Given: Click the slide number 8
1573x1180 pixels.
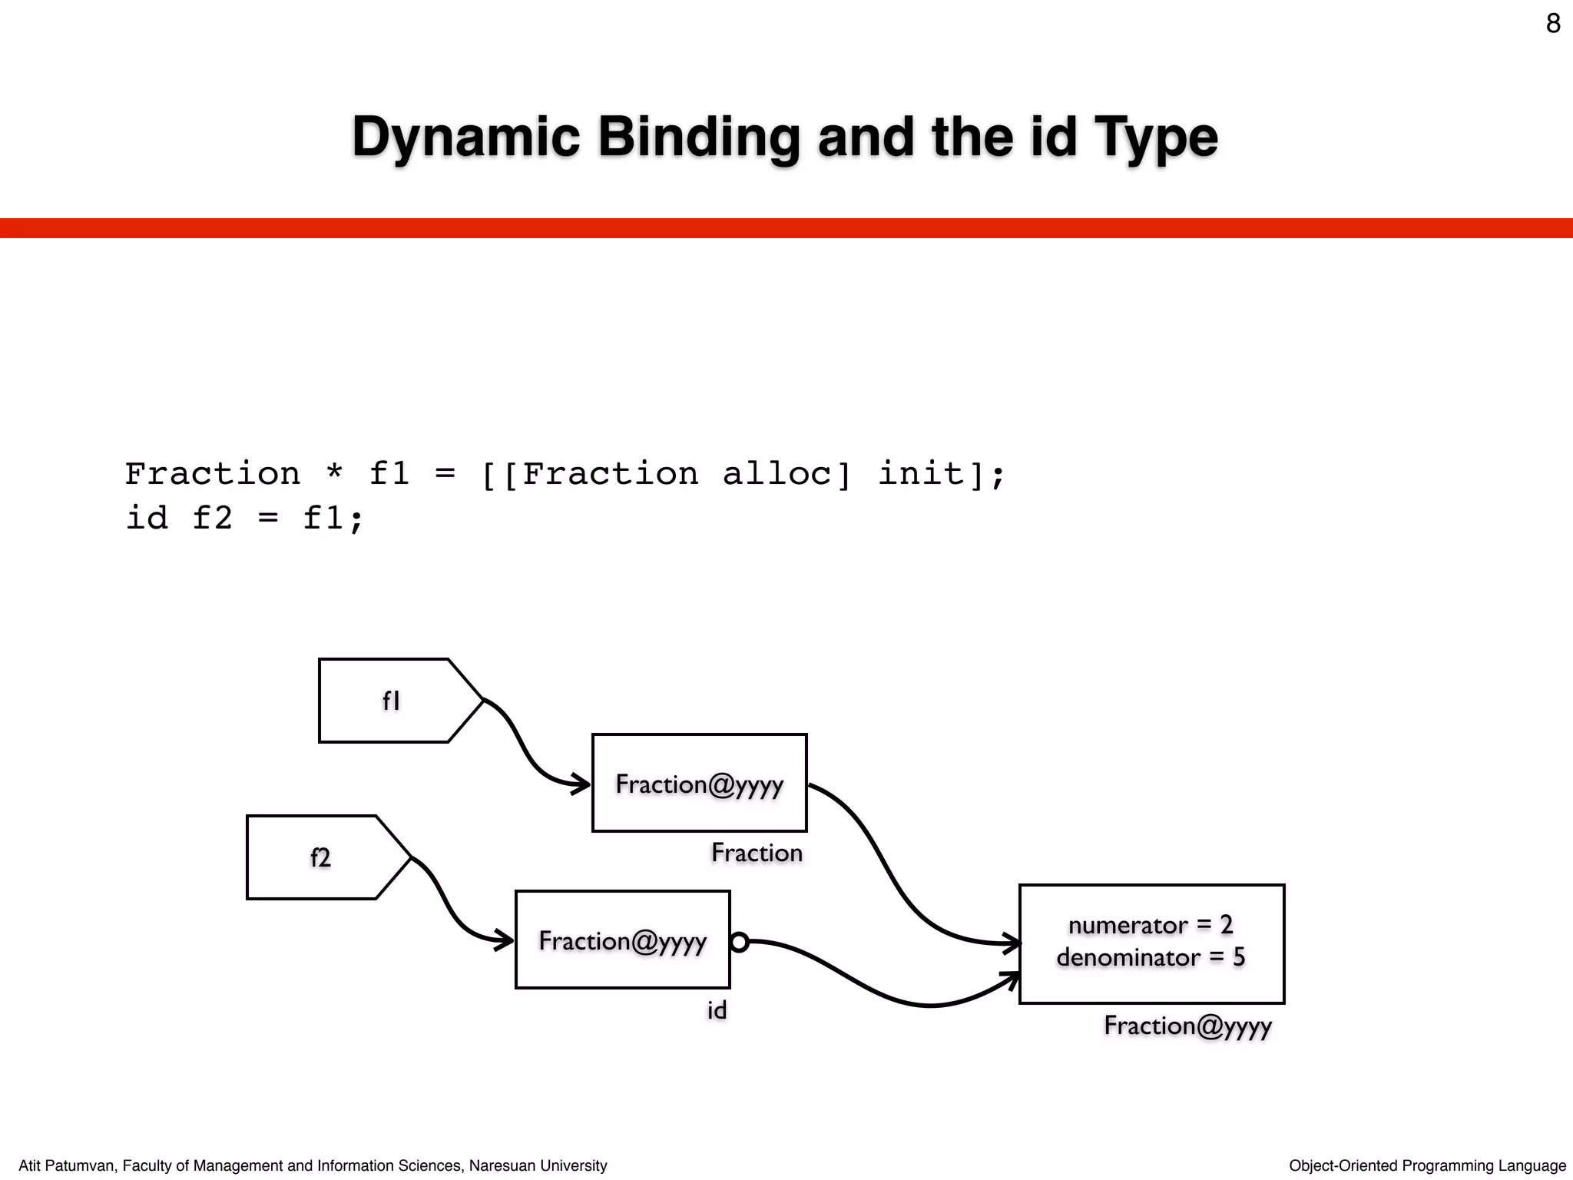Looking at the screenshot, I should tap(1552, 24).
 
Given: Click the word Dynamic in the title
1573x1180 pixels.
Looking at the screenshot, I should tap(465, 138).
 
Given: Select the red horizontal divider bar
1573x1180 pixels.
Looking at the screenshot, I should tap(786, 228).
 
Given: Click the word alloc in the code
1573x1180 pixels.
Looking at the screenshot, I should tap(786, 474).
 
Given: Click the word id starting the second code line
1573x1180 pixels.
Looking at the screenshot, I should tap(147, 518).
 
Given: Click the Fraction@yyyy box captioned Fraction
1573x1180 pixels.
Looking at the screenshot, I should tap(699, 783).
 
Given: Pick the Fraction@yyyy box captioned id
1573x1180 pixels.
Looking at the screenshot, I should tap(622, 940).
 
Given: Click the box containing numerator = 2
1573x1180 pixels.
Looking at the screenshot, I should tap(1151, 943).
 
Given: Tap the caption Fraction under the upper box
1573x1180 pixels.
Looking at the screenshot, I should tap(757, 853).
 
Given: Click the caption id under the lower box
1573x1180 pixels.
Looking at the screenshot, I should tap(717, 1010).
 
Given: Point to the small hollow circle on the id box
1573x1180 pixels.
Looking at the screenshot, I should tap(740, 942).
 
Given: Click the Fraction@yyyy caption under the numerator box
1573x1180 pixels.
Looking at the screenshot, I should tap(1187, 1026).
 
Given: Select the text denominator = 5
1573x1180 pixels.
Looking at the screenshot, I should tap(1150, 958).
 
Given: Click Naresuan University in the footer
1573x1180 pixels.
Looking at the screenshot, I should tap(538, 1165).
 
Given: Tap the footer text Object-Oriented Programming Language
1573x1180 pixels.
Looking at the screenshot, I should tap(1427, 1165).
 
